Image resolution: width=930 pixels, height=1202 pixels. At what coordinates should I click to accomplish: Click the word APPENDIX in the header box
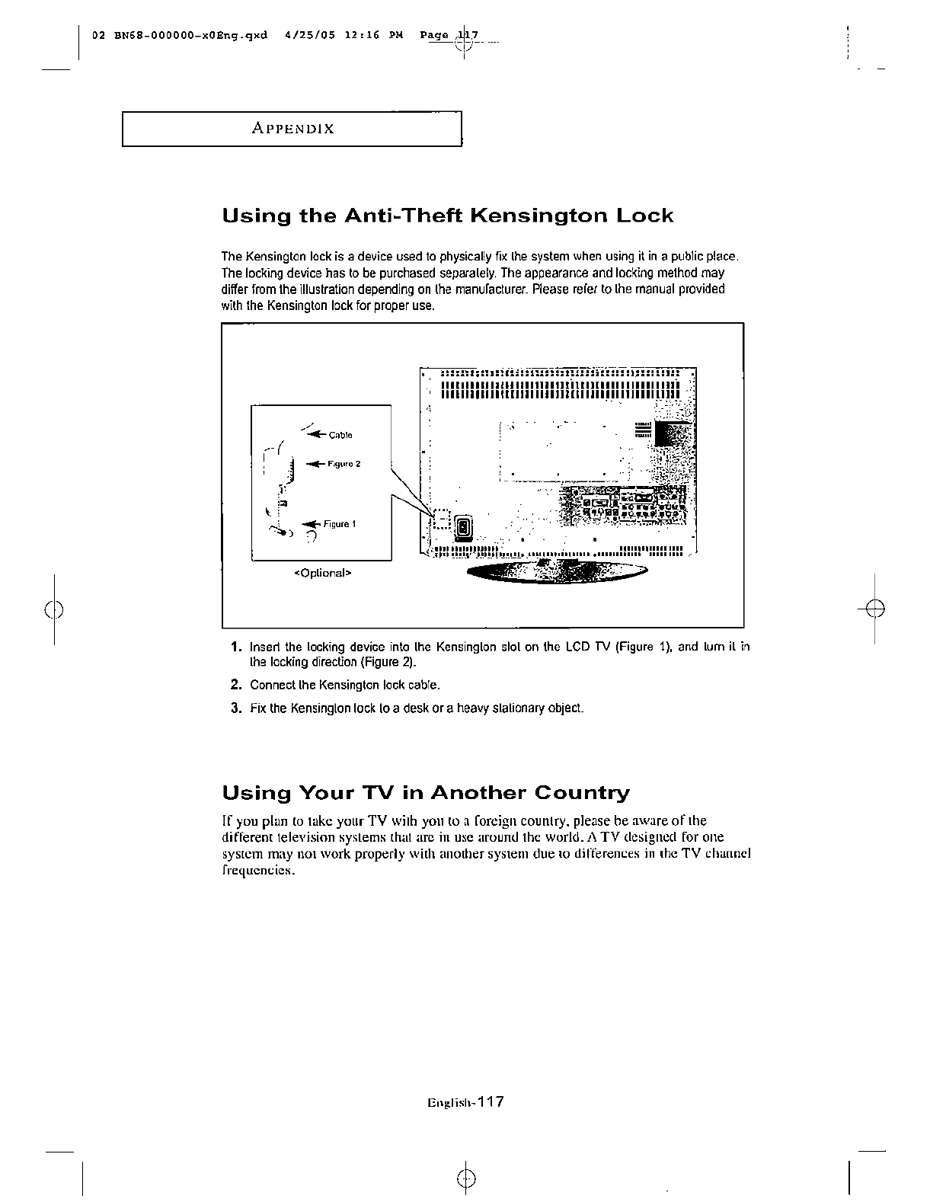point(292,129)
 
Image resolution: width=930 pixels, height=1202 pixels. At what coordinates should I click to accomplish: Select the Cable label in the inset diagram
point(340,436)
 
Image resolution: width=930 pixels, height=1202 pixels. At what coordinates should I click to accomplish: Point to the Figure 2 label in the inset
point(344,464)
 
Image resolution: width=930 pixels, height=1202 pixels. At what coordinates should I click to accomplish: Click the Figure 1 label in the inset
point(340,524)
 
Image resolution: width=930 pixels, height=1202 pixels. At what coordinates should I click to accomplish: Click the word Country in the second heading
point(582,794)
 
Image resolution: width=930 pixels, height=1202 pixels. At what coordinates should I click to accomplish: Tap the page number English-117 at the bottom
point(467,1102)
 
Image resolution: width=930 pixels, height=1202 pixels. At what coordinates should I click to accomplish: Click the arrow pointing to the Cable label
point(315,434)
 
